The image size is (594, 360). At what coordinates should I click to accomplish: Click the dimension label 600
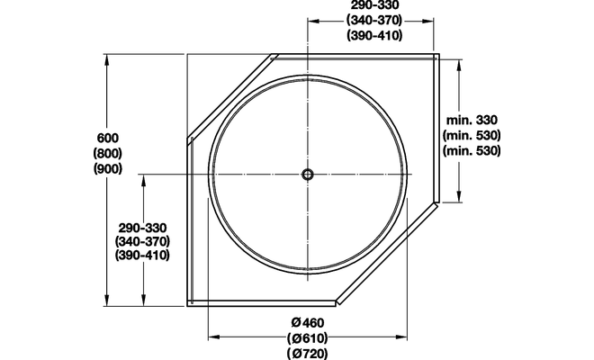(x=107, y=138)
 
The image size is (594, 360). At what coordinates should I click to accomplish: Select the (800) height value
(x=107, y=154)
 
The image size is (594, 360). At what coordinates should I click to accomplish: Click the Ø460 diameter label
(x=308, y=323)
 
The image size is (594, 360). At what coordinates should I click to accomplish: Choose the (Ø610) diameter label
(x=308, y=338)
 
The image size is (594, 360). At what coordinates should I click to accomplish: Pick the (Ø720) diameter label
(x=308, y=354)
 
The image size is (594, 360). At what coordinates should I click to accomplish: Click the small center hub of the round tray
(x=308, y=174)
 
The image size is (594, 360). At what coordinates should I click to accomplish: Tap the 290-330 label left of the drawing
(x=143, y=227)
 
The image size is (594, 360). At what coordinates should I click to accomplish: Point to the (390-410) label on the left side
(x=143, y=256)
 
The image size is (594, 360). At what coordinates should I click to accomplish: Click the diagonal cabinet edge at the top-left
(x=230, y=96)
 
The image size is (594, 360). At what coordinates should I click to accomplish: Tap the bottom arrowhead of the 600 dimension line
(x=108, y=301)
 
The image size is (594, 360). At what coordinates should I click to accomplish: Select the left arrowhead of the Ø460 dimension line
(x=213, y=337)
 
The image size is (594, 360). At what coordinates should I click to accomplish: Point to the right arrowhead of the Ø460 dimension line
(x=401, y=337)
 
